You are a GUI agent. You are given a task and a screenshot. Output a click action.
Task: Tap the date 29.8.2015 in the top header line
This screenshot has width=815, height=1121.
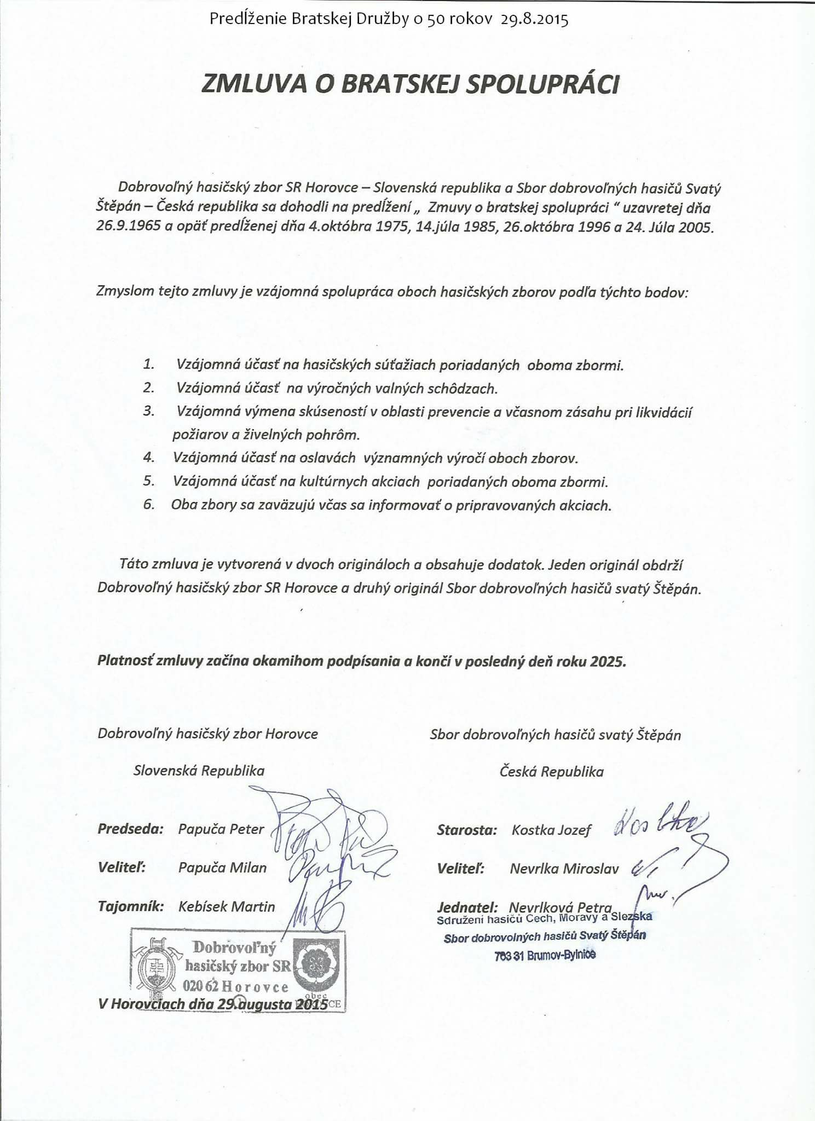tap(534, 20)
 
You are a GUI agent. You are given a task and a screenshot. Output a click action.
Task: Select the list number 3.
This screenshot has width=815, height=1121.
tap(149, 411)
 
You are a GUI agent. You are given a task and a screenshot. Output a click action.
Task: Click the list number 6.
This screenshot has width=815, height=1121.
tap(149, 504)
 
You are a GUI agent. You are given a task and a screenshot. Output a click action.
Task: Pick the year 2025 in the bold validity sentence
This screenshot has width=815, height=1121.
tap(608, 661)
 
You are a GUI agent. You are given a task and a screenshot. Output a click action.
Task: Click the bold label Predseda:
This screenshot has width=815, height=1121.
tap(131, 829)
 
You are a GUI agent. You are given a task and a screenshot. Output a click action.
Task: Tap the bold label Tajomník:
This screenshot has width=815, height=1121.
tap(131, 906)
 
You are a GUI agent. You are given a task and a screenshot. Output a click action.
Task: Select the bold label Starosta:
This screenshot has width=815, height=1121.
tap(467, 830)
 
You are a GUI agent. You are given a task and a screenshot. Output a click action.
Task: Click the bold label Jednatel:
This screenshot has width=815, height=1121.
tap(467, 906)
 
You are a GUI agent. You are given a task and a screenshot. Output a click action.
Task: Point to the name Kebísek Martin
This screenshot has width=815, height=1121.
tap(227, 906)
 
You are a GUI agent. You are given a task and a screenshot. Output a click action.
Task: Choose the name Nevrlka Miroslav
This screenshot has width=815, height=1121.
tap(564, 869)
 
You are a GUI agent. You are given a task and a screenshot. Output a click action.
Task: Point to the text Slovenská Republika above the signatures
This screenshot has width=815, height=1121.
tap(199, 771)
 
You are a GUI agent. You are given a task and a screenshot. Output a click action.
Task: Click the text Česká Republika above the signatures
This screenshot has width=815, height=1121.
tap(551, 772)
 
